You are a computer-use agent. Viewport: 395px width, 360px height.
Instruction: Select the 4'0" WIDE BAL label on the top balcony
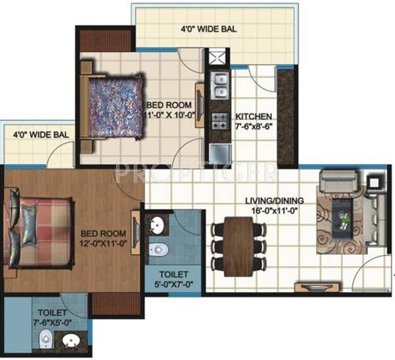click(x=209, y=31)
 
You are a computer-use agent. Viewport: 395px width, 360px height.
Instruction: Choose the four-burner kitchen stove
click(x=219, y=120)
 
